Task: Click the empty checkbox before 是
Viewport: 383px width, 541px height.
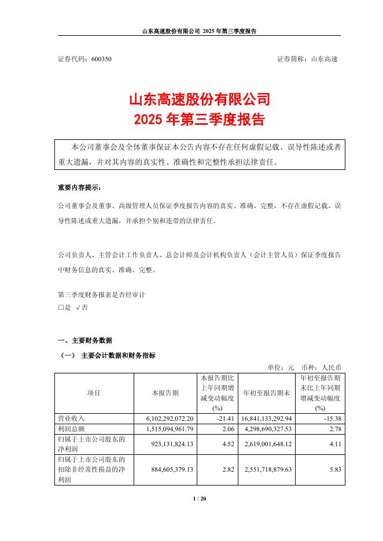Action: [x=61, y=308]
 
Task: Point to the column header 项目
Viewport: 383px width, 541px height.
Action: [x=94, y=393]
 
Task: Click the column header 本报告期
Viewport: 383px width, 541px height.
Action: [x=165, y=393]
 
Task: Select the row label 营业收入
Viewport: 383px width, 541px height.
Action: [x=72, y=418]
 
